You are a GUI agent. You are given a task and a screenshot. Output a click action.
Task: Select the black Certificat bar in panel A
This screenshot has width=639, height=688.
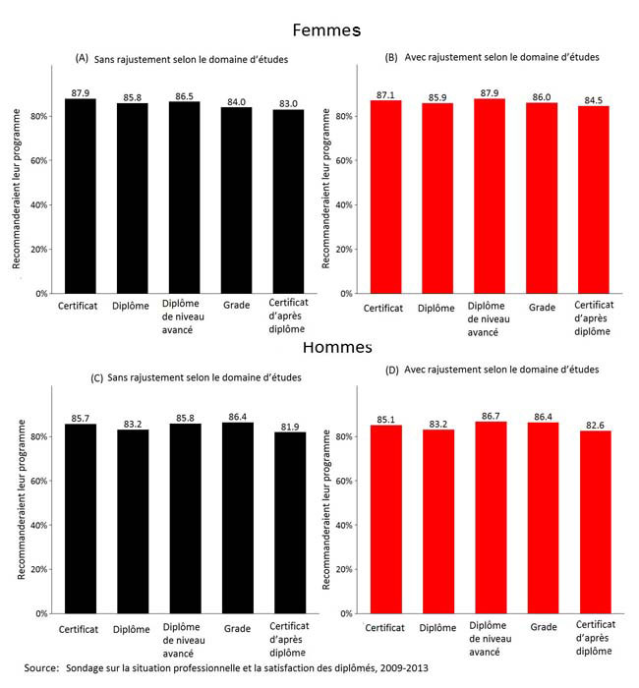(x=80, y=197)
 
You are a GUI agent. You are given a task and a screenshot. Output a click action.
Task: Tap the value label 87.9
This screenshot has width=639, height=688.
(x=80, y=93)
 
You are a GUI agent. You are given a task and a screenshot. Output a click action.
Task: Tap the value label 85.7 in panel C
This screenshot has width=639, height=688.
(x=80, y=418)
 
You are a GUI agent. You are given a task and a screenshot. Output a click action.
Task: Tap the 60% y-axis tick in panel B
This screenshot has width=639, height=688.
(x=345, y=160)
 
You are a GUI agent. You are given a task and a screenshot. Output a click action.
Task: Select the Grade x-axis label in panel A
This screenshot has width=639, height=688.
(x=235, y=307)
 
